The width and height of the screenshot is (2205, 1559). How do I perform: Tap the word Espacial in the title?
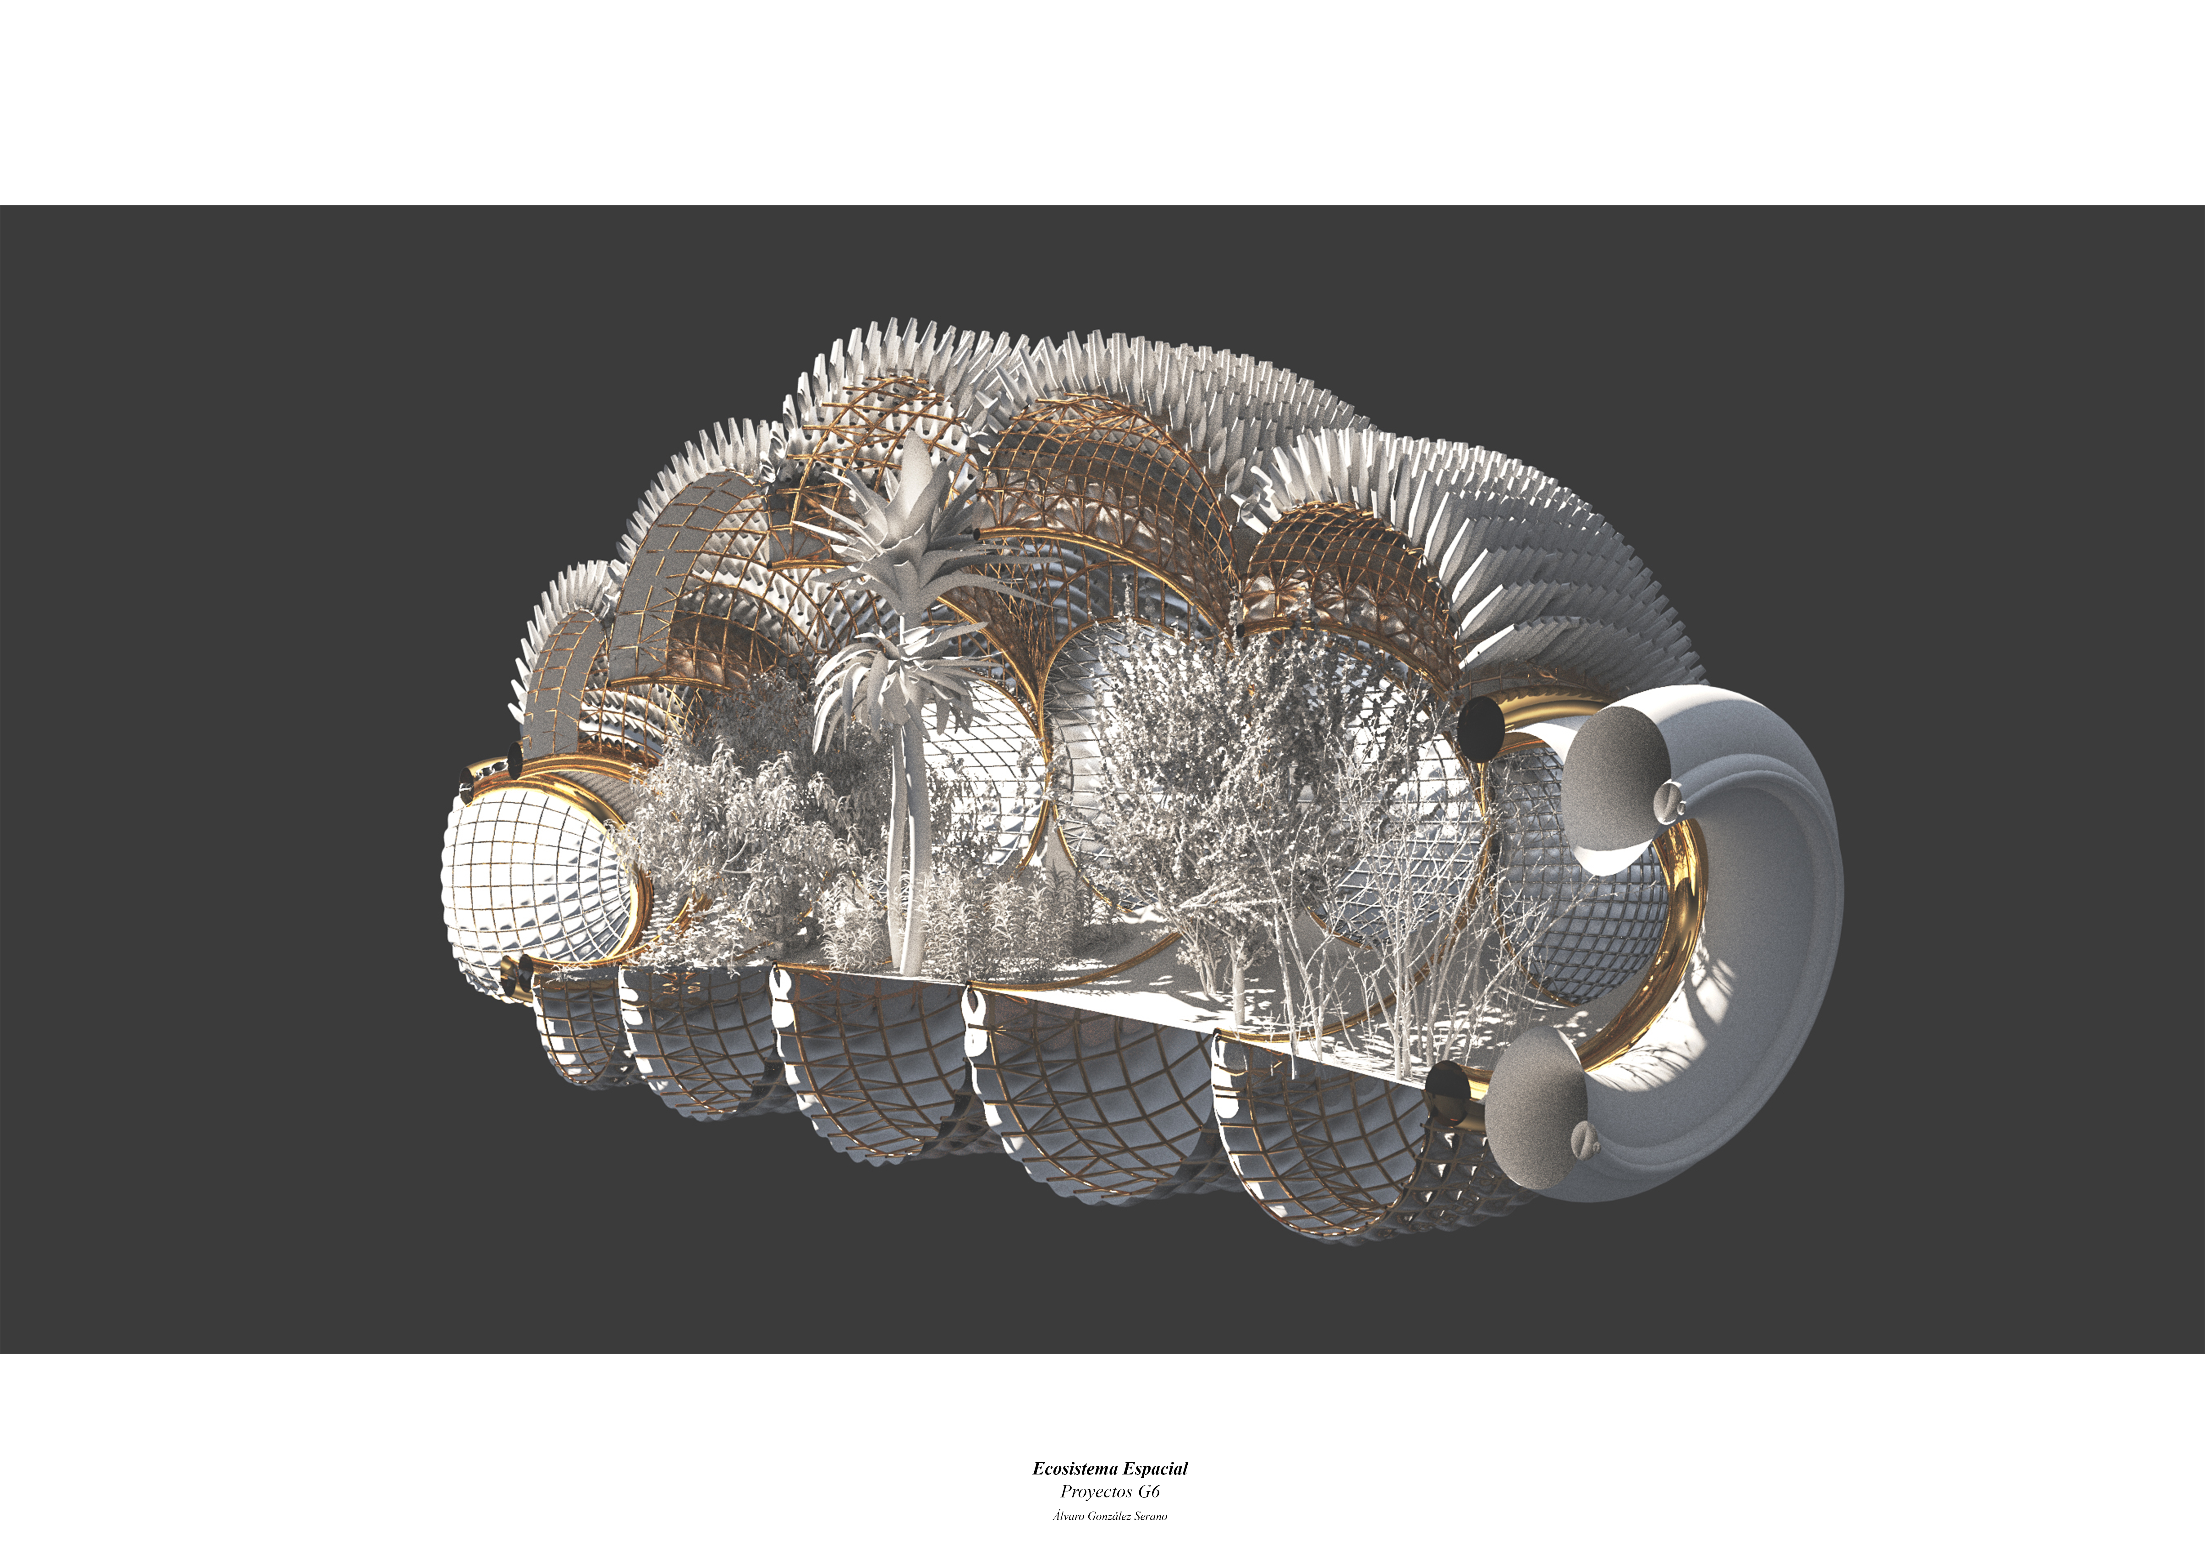coord(1155,1469)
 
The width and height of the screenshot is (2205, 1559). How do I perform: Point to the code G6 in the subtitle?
coord(1149,1492)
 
